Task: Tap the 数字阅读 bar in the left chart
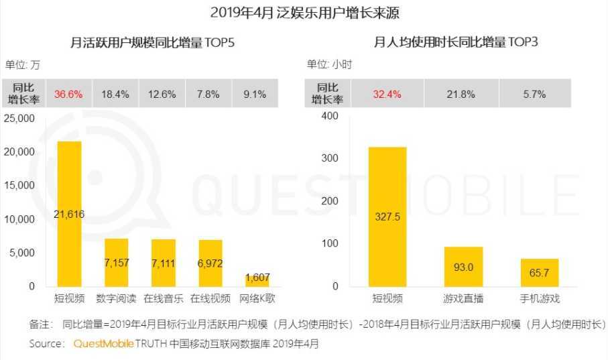click(x=116, y=262)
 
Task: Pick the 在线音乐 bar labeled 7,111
click(x=163, y=263)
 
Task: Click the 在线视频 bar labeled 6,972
click(x=210, y=263)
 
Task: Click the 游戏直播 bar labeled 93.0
click(x=463, y=266)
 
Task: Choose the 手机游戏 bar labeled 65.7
click(x=540, y=272)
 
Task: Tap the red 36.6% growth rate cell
click(x=69, y=94)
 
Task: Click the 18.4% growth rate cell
click(x=115, y=94)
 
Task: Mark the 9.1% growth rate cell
click(x=255, y=94)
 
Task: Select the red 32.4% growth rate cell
click(x=387, y=94)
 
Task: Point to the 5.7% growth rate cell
click(x=534, y=94)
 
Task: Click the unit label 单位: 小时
click(x=329, y=65)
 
